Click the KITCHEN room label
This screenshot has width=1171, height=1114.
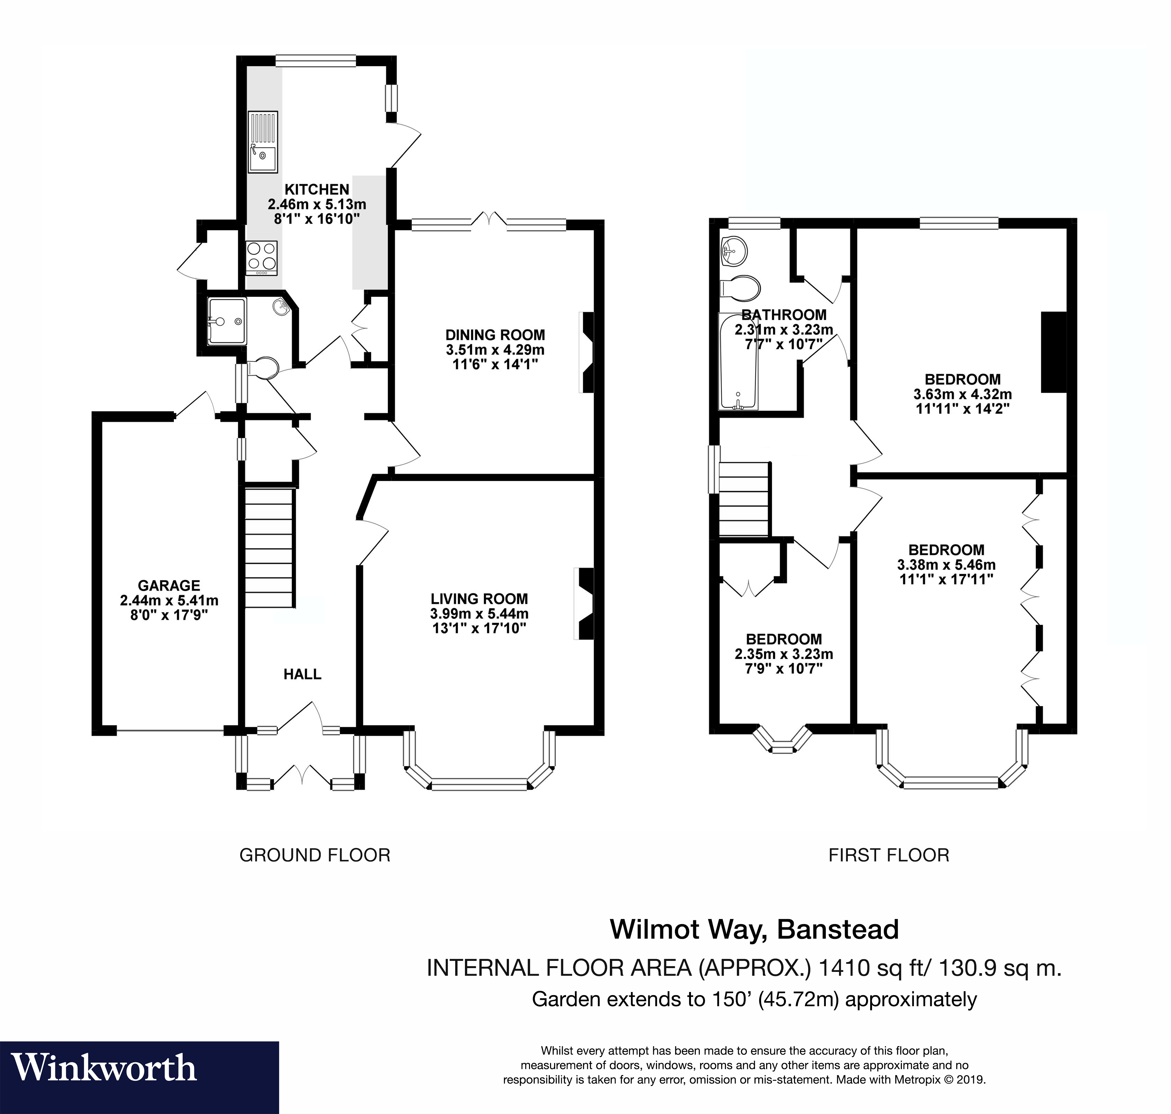(x=317, y=189)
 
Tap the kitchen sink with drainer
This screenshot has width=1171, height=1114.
(x=262, y=142)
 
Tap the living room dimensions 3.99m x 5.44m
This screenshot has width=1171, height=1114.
(x=479, y=613)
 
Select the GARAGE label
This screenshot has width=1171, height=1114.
(x=168, y=585)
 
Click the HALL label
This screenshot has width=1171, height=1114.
(x=302, y=674)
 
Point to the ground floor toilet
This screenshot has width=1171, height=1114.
(x=263, y=368)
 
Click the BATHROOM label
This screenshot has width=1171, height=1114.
(x=783, y=315)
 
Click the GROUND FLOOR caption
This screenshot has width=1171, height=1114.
(x=315, y=855)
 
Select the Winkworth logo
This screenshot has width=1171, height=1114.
(x=104, y=1067)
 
